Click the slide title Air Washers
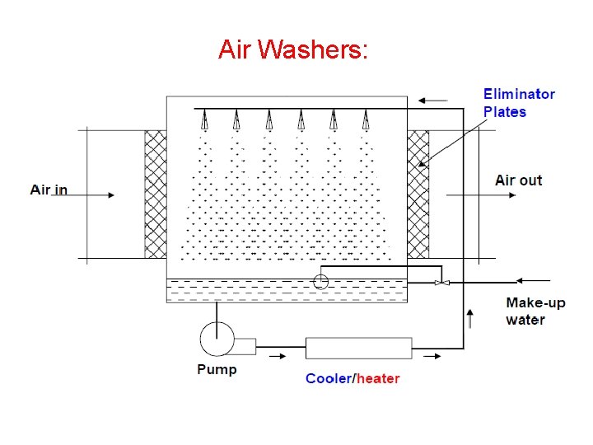294,50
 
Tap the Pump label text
217,370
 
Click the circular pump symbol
217,338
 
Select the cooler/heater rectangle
359,348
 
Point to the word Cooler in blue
328,379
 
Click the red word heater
378,379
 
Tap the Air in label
49,190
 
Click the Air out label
519,180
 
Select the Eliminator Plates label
519,103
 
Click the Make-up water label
535,311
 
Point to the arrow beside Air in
97,195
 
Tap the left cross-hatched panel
156,194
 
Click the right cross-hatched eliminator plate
418,194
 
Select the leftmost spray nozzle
204,120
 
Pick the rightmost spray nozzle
365,120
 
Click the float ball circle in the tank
321,282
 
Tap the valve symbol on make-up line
441,283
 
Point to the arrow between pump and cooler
277,356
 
